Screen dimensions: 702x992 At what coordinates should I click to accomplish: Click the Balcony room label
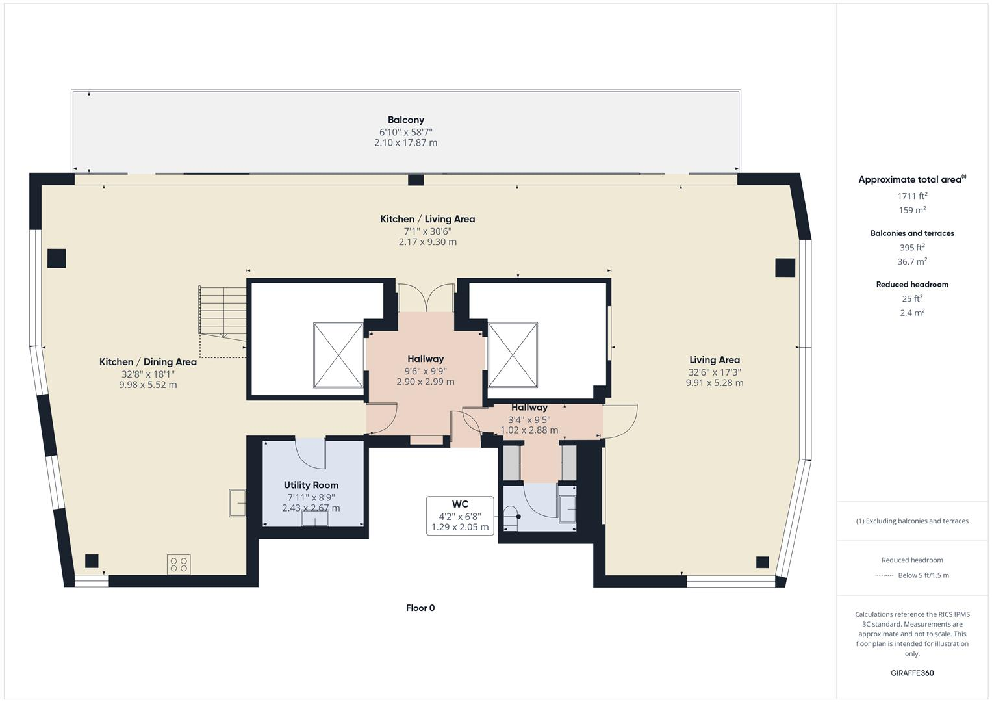[405, 120]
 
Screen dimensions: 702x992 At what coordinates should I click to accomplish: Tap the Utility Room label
[311, 485]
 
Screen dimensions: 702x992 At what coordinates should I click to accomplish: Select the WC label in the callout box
[460, 504]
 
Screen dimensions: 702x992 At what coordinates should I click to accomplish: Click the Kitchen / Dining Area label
[147, 362]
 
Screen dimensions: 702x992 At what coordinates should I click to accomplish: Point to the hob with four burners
[179, 564]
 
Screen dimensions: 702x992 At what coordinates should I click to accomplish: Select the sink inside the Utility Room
[315, 519]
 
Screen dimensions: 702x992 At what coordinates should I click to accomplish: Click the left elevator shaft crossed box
[338, 355]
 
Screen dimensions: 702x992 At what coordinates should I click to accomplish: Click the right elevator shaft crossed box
[513, 355]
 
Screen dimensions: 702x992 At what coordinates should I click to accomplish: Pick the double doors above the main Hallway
[426, 298]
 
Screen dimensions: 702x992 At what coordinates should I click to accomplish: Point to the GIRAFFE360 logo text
[911, 673]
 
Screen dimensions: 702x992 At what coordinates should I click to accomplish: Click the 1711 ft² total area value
[911, 196]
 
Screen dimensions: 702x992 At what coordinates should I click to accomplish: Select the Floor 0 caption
[420, 608]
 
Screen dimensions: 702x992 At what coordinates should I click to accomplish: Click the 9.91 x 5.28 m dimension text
[714, 383]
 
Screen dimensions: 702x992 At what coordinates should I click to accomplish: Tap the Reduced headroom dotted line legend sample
[884, 575]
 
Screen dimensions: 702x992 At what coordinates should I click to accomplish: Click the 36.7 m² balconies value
[911, 261]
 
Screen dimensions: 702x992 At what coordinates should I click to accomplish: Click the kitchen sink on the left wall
[237, 503]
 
